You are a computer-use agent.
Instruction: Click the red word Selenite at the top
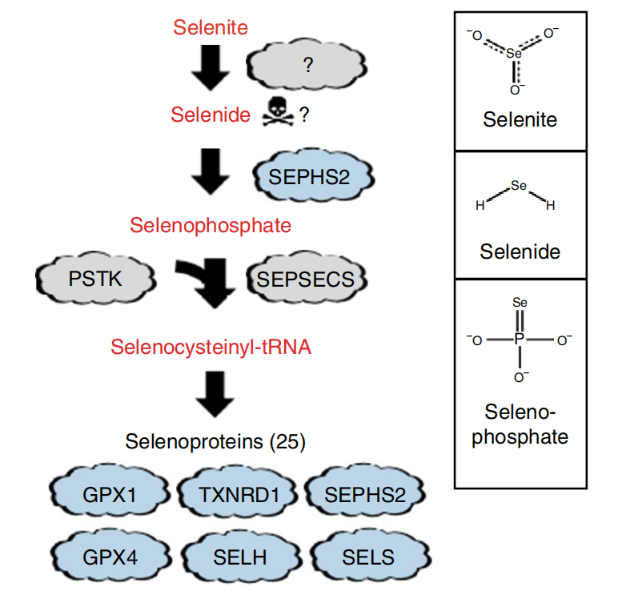211,27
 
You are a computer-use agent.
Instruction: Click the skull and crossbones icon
278,115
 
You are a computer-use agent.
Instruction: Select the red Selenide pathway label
211,115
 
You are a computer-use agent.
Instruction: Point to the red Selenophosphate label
211,225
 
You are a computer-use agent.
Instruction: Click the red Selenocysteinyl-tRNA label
211,347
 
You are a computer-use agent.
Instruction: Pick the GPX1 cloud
110,494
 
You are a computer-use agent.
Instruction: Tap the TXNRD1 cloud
238,494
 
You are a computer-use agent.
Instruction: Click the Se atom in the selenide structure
518,186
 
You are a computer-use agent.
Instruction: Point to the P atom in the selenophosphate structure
519,340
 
